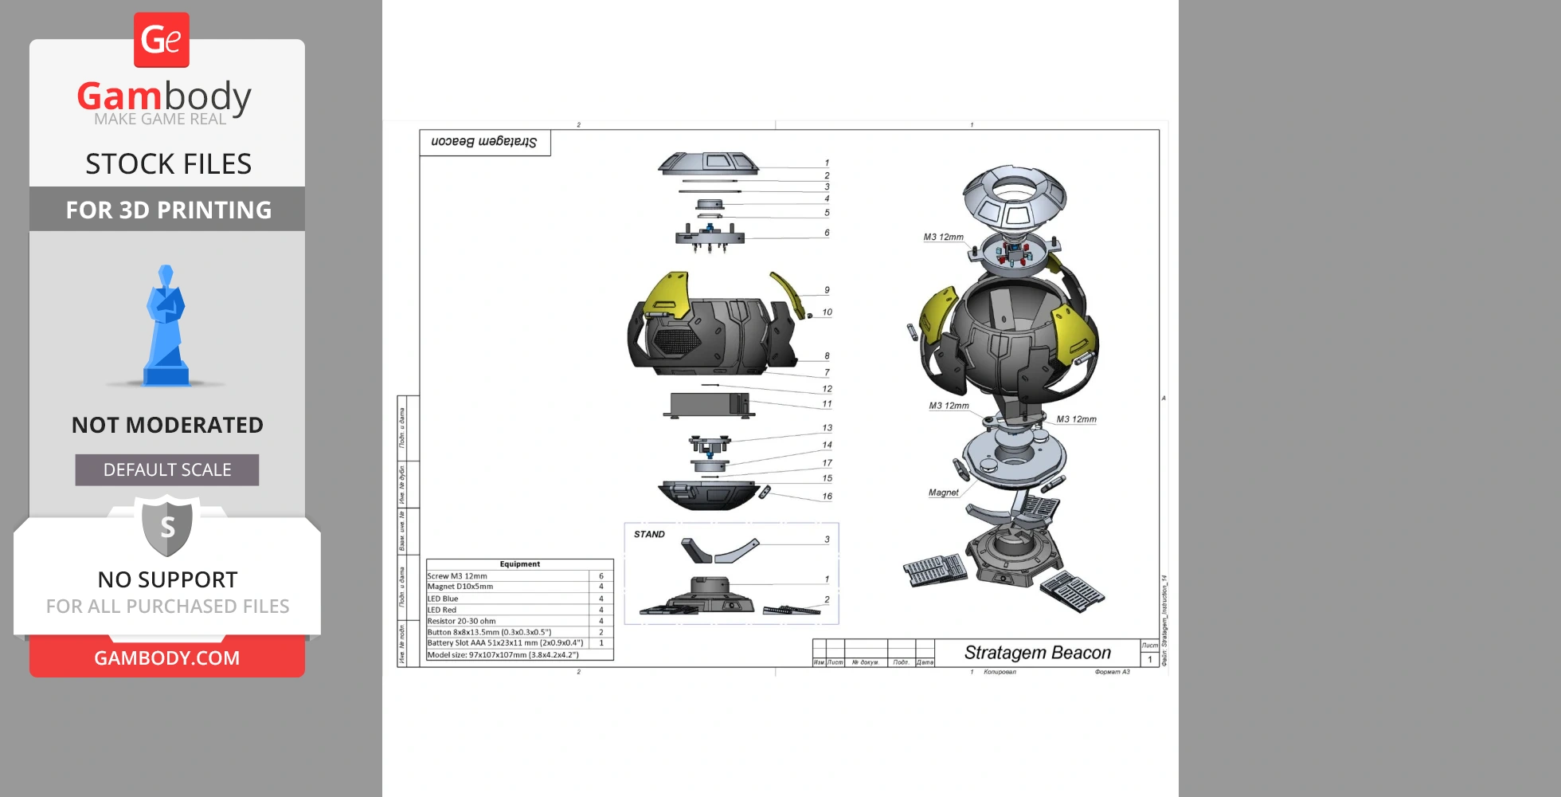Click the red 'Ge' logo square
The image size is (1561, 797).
pos(162,40)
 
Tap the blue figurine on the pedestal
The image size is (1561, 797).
pos(166,327)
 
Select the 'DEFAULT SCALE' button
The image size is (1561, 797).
pos(167,470)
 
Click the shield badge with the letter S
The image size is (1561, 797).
pos(167,526)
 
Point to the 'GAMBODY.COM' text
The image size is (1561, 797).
pos(167,658)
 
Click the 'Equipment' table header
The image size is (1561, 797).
pos(519,564)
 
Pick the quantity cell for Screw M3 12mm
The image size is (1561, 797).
pos(601,575)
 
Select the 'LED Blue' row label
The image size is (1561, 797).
pos(443,599)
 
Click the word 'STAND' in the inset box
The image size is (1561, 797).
pos(649,535)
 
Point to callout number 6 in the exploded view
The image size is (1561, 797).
pos(827,233)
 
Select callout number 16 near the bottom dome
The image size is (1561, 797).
pos(827,497)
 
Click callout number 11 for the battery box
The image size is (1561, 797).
pos(827,404)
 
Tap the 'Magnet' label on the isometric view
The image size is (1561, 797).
pos(944,493)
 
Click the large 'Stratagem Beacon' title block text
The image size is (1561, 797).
pos(1037,653)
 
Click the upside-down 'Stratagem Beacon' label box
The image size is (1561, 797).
pos(485,143)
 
